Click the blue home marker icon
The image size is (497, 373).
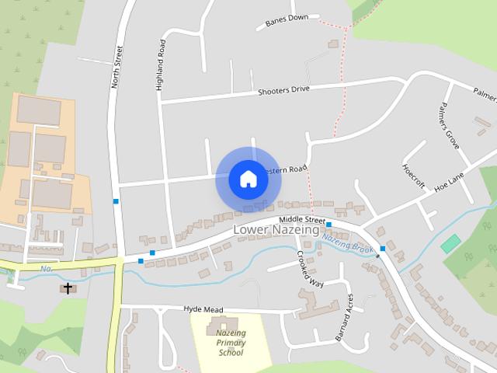[x=248, y=180]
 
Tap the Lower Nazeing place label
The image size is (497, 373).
[x=276, y=230]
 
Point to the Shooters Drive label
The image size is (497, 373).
[x=284, y=91]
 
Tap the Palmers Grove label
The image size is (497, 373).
[x=450, y=124]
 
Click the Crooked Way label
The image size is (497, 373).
[x=305, y=267]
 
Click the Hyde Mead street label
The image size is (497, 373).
[x=203, y=309]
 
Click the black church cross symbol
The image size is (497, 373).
[x=68, y=289]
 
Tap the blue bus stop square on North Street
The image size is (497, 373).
[x=116, y=202]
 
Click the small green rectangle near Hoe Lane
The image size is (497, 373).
[x=450, y=243]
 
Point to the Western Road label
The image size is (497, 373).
[x=286, y=169]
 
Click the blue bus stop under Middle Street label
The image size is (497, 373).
[x=329, y=225]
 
